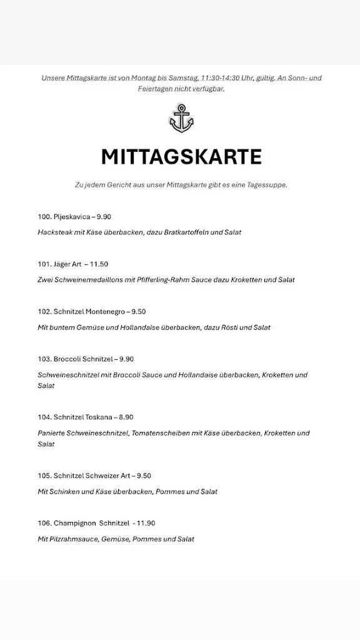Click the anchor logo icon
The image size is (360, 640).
click(x=181, y=118)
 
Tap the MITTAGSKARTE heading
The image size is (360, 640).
click(x=181, y=156)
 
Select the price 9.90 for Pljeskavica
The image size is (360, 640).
click(x=104, y=217)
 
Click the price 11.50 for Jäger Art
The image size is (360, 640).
click(x=100, y=264)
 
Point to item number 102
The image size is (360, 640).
click(x=44, y=312)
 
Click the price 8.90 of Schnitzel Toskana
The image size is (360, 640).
click(x=126, y=417)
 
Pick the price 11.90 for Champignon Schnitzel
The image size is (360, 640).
click(x=146, y=523)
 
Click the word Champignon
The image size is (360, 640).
click(x=74, y=523)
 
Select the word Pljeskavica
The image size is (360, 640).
click(x=72, y=217)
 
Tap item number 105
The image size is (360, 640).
click(x=44, y=476)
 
